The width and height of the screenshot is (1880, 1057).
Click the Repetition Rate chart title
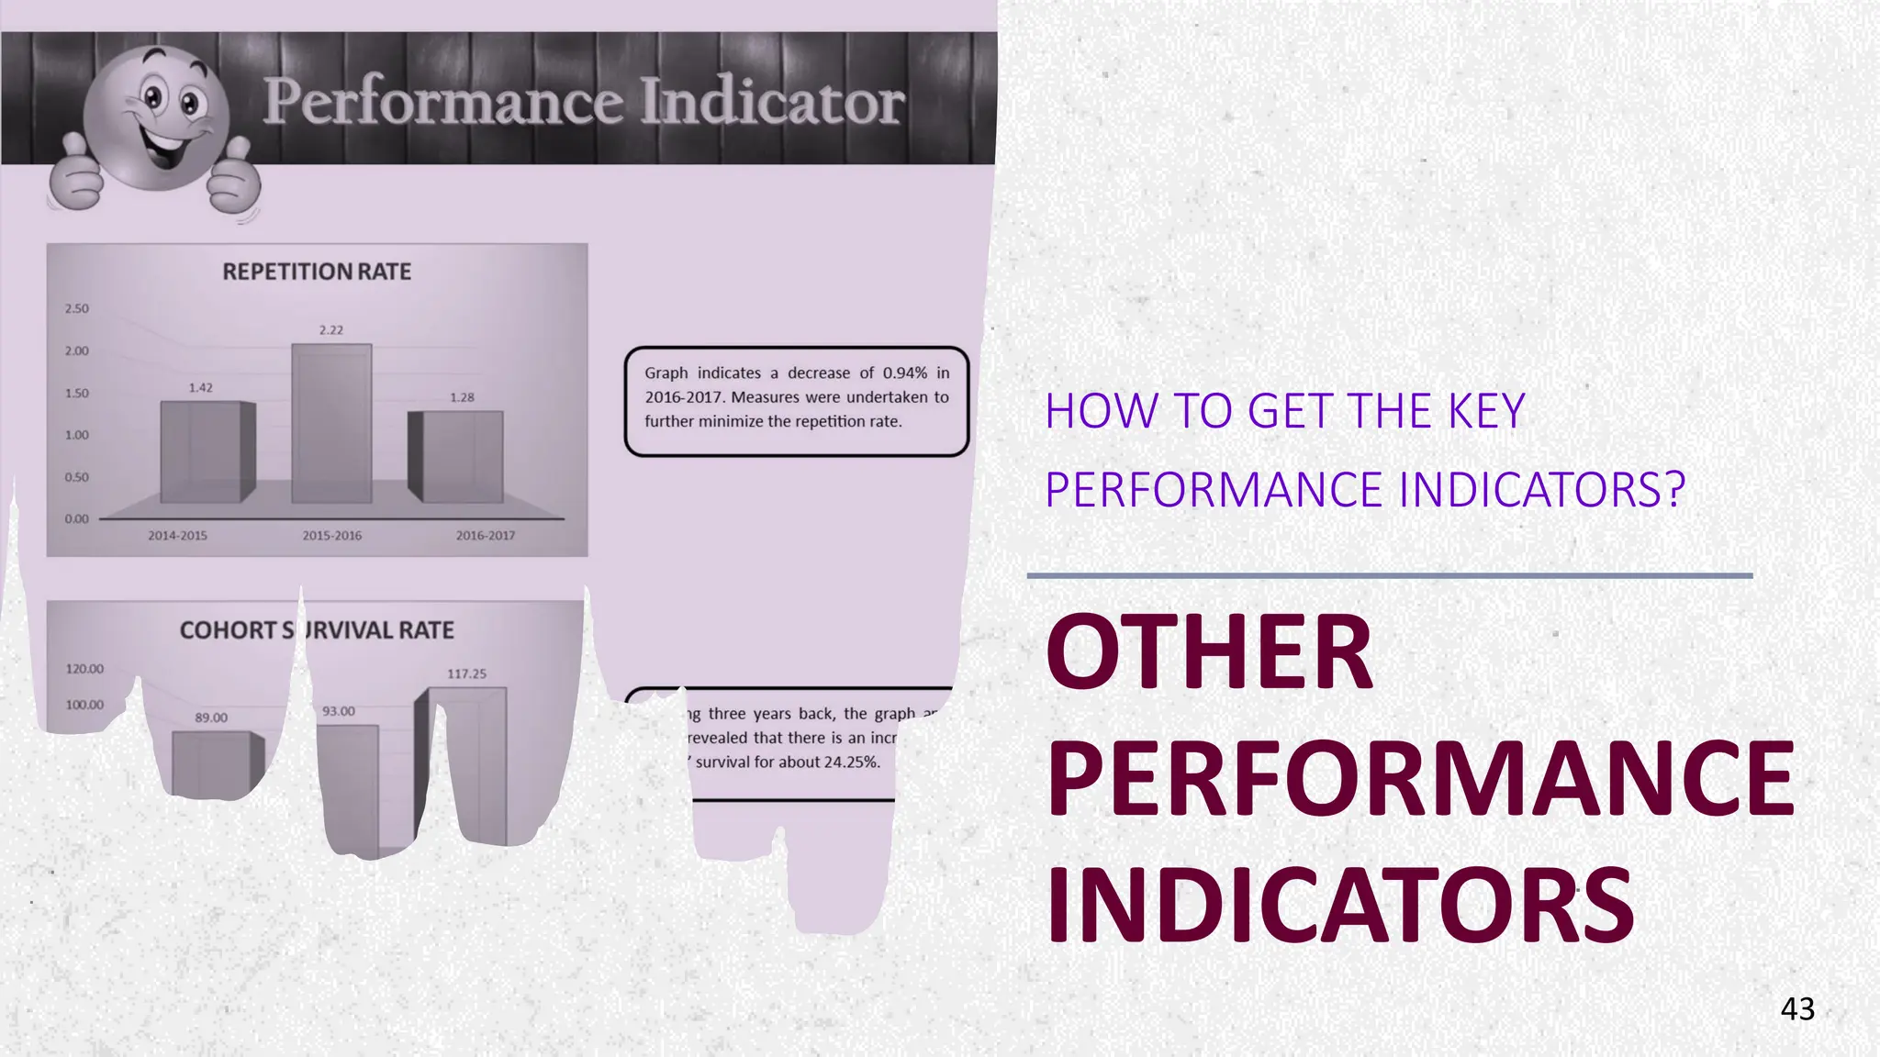point(317,272)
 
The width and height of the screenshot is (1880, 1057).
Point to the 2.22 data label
point(331,329)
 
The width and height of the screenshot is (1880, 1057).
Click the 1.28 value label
point(462,397)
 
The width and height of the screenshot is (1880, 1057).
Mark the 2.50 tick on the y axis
point(77,308)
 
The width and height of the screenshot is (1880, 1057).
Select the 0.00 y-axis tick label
point(77,518)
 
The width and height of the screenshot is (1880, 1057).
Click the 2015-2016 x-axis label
point(331,535)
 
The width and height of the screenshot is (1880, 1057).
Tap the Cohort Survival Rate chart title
point(317,630)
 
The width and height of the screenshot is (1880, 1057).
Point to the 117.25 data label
point(466,673)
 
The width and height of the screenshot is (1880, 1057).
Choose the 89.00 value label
point(211,718)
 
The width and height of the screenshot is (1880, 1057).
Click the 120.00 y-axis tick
point(84,669)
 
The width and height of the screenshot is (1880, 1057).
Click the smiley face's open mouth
point(165,146)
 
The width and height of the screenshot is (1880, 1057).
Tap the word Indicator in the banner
point(772,101)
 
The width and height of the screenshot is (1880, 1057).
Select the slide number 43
point(1796,1008)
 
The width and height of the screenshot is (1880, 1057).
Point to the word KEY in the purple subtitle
point(1486,411)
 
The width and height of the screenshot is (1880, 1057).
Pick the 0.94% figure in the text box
point(905,373)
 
